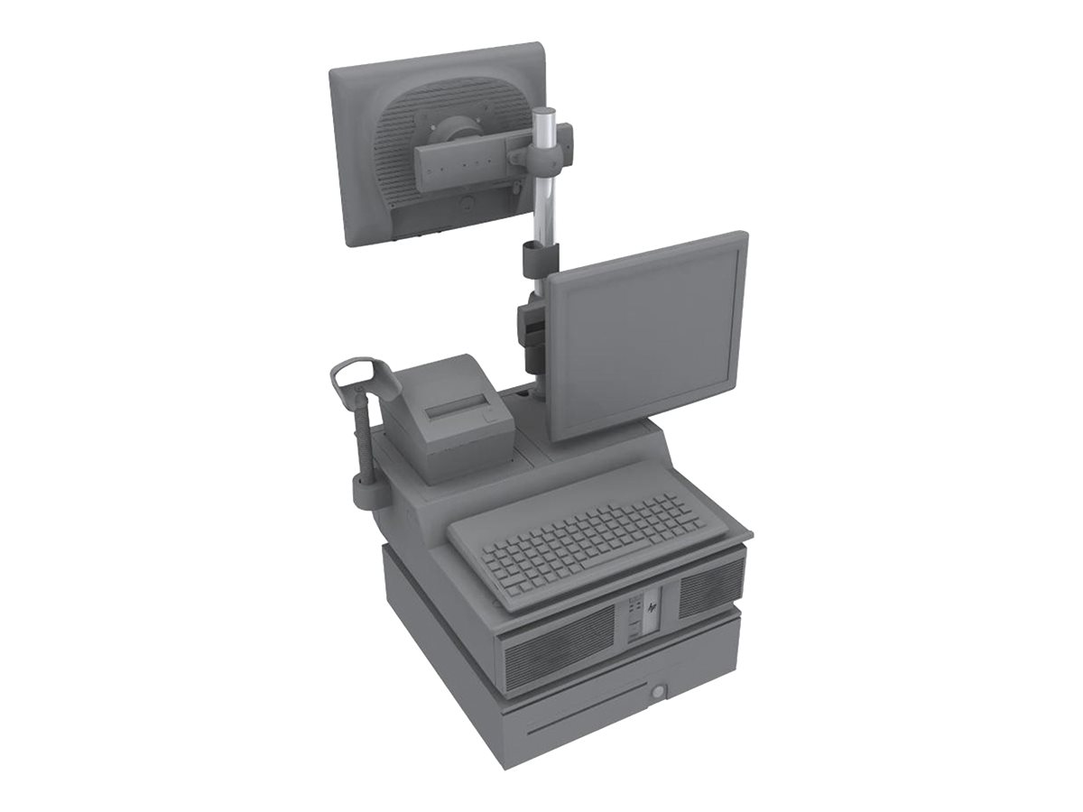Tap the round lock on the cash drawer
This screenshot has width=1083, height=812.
pyautogui.click(x=657, y=691)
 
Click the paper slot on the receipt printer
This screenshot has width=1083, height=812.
pyautogui.click(x=458, y=410)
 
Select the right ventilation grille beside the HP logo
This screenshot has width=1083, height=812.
pyautogui.click(x=710, y=586)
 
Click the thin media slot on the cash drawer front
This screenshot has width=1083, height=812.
pyautogui.click(x=578, y=723)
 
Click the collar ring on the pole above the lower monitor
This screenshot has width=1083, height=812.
pyautogui.click(x=539, y=258)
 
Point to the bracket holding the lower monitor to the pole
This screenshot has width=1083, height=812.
pyautogui.click(x=532, y=329)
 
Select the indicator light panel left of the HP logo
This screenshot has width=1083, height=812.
pyautogui.click(x=633, y=617)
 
